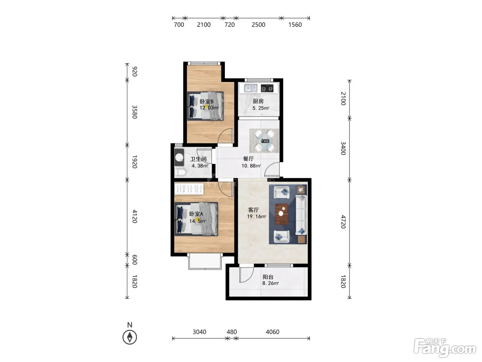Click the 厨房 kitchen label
[258, 101]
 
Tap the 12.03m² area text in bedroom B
[209, 108]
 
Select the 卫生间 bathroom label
[198, 159]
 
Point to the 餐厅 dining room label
[248, 159]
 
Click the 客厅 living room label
[253, 210]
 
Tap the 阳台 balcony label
[268, 277]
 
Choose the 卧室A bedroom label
[196, 214]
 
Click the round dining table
[264, 141]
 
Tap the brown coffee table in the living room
[282, 214]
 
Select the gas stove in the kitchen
[267, 88]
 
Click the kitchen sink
[251, 88]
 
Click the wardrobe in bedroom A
[189, 189]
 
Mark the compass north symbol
[129, 337]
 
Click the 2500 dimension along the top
[258, 24]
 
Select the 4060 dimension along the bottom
[272, 332]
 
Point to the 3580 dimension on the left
[135, 112]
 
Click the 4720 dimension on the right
[343, 222]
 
